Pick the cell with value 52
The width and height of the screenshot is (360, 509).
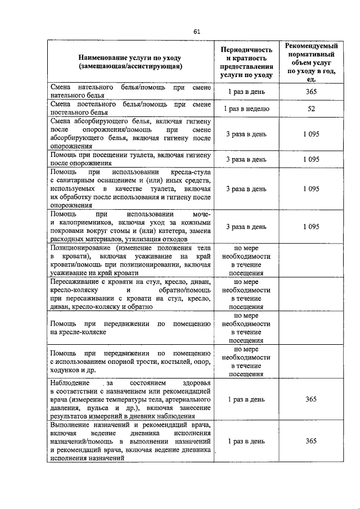tap(310, 109)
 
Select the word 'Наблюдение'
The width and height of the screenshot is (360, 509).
tap(70, 382)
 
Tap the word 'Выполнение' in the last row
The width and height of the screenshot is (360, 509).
tap(69, 425)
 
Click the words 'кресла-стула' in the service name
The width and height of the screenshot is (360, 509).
tap(192, 172)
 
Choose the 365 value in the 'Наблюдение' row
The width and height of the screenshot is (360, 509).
tap(310, 399)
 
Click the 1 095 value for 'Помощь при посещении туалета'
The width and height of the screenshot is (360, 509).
tap(310, 160)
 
